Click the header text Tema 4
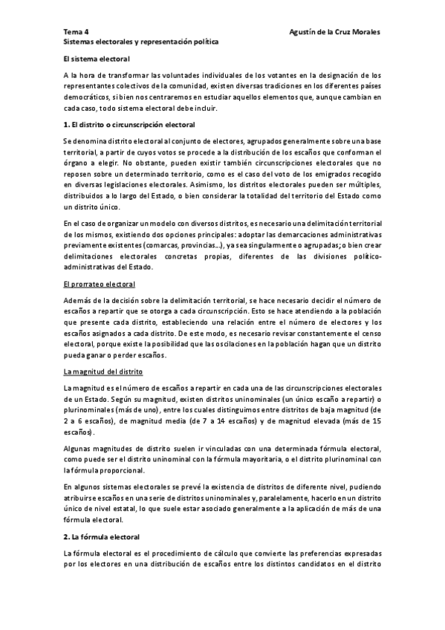76,33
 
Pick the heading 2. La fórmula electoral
108,536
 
